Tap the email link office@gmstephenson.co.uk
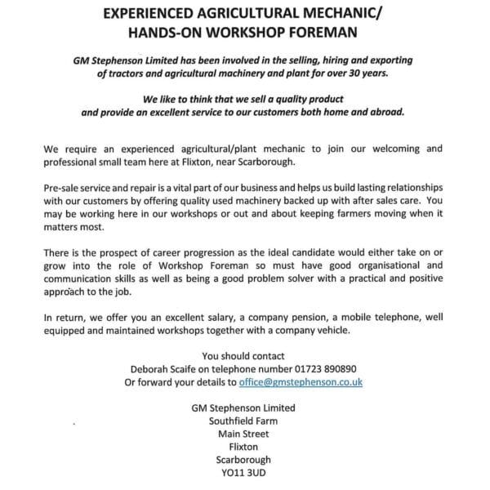click(x=301, y=381)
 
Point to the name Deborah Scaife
click(x=161, y=368)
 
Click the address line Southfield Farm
click(x=243, y=421)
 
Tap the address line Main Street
click(x=243, y=434)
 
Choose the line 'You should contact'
click(x=243, y=355)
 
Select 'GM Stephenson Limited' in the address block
click(x=243, y=408)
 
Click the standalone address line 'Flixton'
click(x=243, y=447)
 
